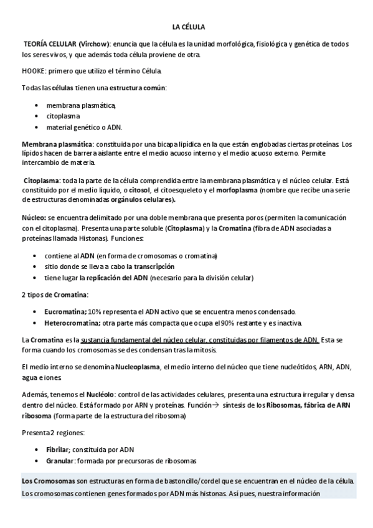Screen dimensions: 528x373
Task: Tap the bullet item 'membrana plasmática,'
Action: tap(81, 105)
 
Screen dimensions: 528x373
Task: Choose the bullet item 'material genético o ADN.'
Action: tap(84, 127)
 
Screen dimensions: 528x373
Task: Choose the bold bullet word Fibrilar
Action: tap(59, 450)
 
